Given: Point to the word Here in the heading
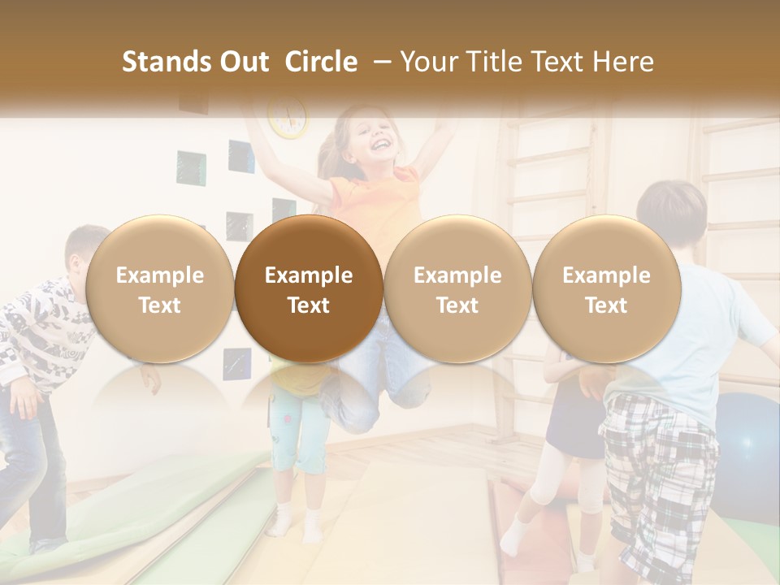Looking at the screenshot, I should tap(623, 62).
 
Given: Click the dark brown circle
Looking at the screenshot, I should tap(309, 289).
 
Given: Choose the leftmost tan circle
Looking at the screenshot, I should tap(160, 289).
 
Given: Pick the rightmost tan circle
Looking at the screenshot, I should tap(607, 289).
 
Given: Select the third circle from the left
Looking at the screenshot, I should tap(457, 289).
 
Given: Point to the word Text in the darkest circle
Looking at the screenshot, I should tap(309, 305).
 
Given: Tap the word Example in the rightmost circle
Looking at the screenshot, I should tap(607, 275).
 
